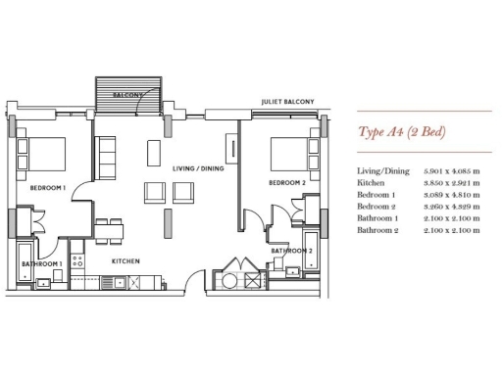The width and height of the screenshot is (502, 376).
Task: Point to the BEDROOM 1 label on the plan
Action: point(47,187)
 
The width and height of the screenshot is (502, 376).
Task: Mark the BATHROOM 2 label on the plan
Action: point(291,252)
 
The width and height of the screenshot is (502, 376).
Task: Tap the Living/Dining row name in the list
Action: point(383,171)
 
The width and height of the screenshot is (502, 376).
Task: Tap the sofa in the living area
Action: point(106,155)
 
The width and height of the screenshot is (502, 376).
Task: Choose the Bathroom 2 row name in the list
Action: point(379,230)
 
